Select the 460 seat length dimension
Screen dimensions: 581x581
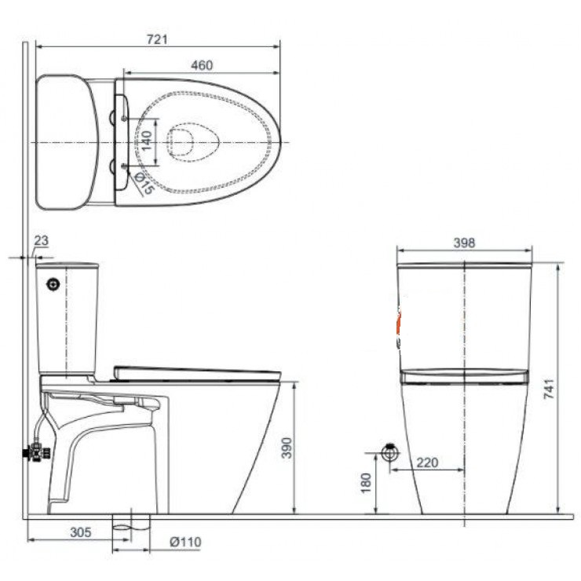point(201,66)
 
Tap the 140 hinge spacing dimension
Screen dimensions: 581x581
point(145,141)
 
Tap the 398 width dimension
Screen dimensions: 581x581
point(464,243)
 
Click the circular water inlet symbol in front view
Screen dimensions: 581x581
point(389,453)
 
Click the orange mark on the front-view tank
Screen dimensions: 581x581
point(399,322)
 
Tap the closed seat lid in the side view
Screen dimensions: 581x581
point(196,372)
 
